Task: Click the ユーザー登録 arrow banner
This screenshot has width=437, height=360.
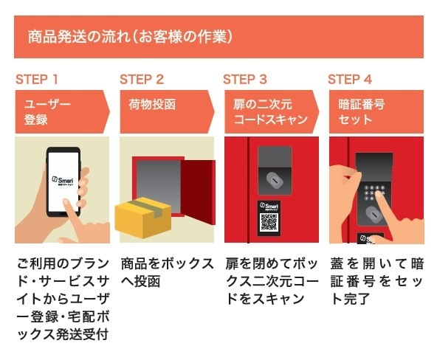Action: tap(59, 111)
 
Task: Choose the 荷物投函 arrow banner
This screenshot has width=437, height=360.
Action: tap(164, 111)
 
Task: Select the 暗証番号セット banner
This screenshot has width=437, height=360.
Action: tap(373, 111)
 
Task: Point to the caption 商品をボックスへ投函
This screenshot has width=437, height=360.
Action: tap(167, 272)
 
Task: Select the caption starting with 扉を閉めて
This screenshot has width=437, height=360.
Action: tap(271, 281)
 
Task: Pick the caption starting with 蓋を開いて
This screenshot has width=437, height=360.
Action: tap(376, 281)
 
